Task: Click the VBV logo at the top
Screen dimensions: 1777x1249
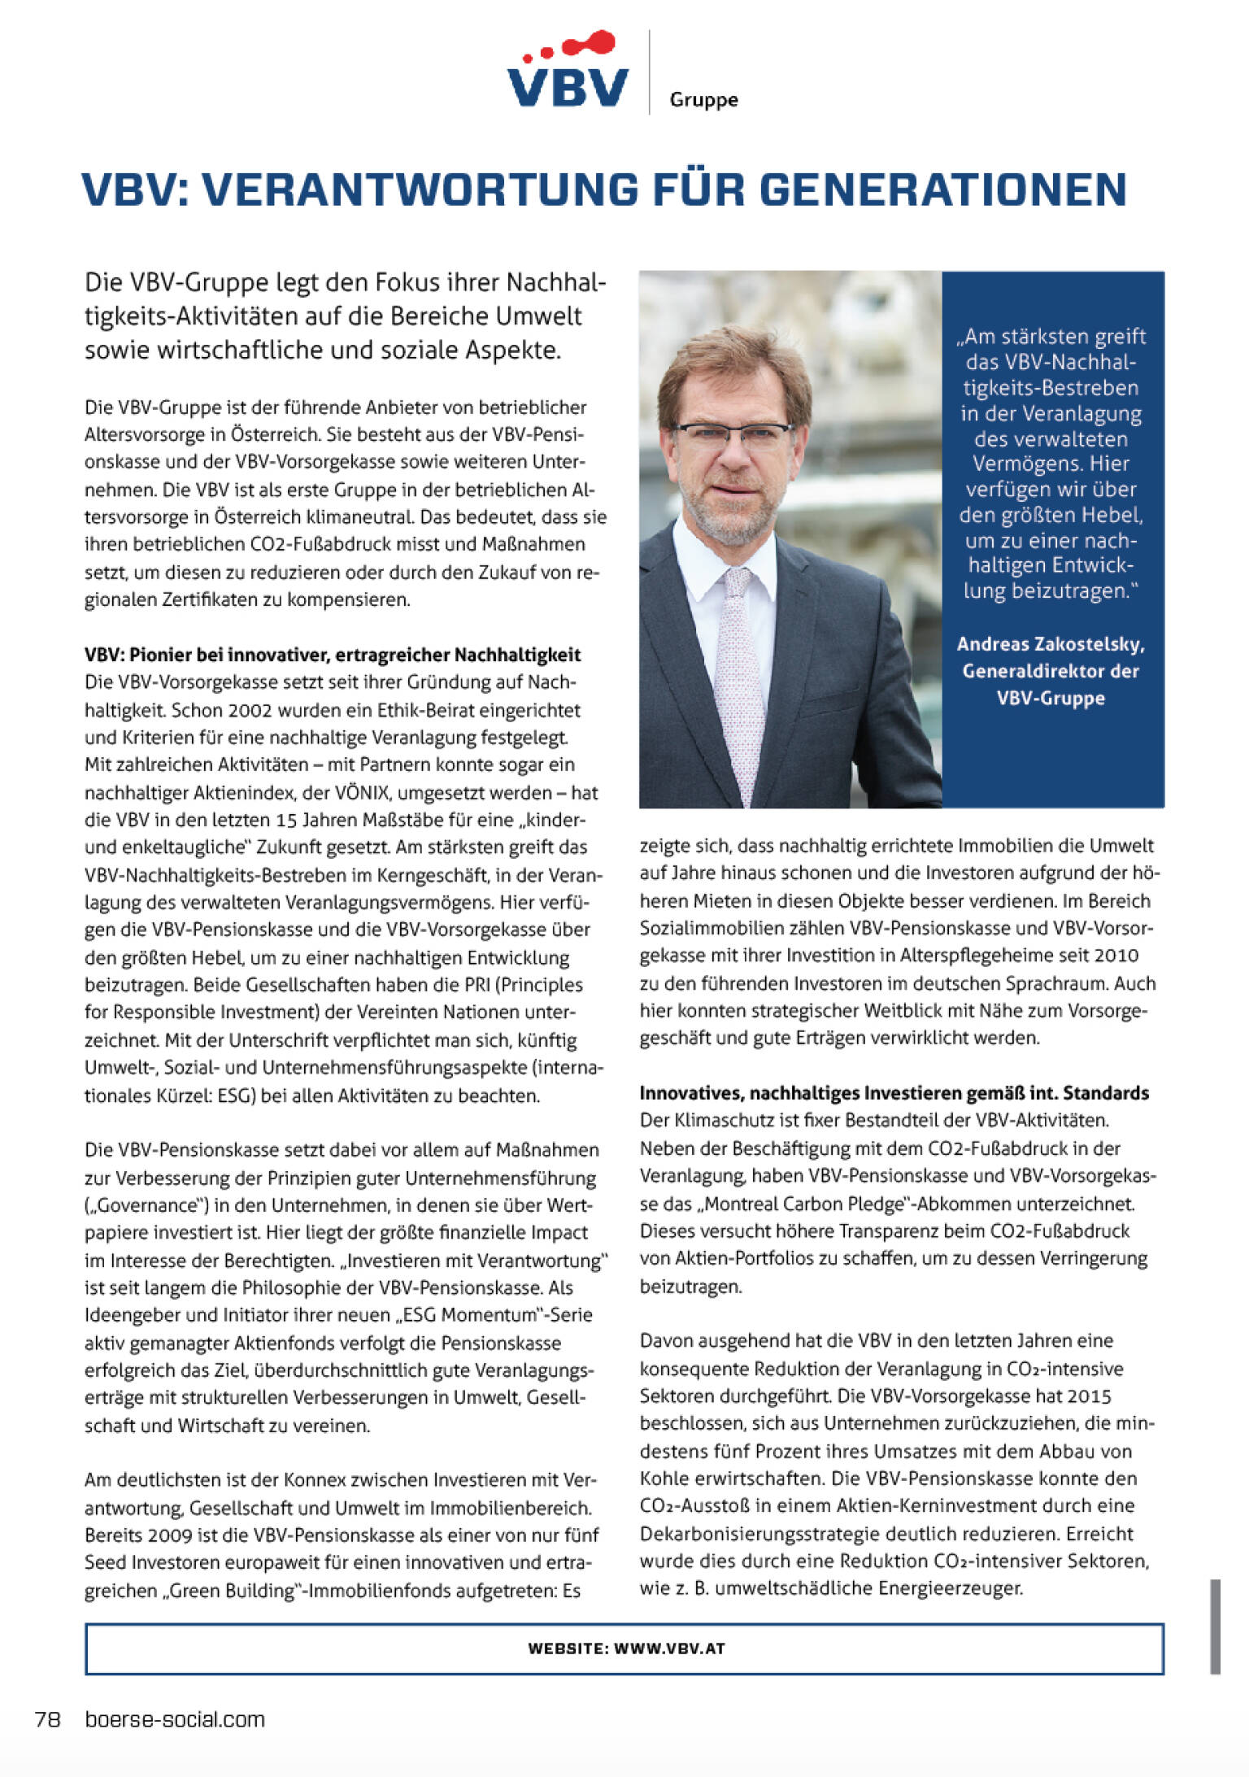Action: coord(568,72)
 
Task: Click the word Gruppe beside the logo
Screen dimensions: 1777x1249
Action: coord(703,100)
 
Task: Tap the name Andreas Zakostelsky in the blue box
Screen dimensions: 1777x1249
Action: coord(1050,644)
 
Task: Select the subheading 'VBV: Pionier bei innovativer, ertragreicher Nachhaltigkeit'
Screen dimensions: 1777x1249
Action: coord(333,655)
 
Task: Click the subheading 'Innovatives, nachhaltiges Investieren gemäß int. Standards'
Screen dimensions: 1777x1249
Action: coord(894,1092)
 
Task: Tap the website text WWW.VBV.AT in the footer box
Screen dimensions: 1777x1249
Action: coord(669,1649)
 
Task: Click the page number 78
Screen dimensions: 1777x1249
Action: coord(48,1719)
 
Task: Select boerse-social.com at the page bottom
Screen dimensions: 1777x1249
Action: coord(175,1719)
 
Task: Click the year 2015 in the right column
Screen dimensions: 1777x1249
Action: coord(1089,1396)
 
